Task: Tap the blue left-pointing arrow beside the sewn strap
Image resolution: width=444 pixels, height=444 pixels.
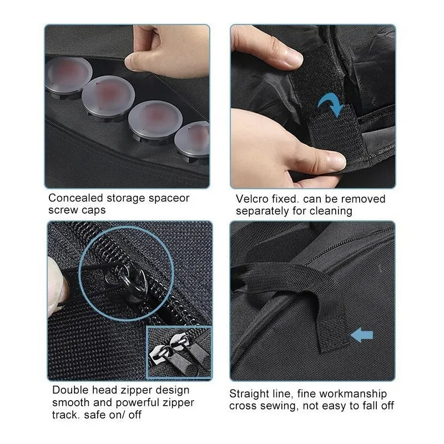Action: coord(362,335)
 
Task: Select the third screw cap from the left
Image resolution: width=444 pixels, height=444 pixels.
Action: coord(155,120)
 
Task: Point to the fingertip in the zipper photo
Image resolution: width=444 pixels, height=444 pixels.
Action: coord(57,286)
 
